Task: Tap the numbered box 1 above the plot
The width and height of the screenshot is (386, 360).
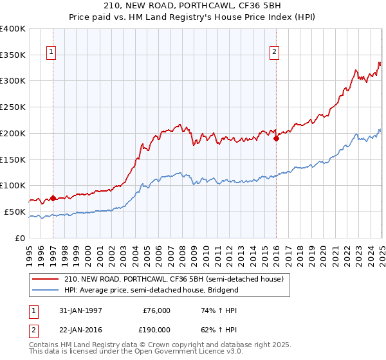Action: pyautogui.click(x=51, y=53)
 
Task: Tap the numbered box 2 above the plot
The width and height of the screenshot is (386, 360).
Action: pyautogui.click(x=275, y=53)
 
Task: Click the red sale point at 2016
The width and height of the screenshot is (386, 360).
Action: pyautogui.click(x=276, y=138)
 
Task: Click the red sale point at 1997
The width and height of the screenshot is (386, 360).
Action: pyautogui.click(x=53, y=198)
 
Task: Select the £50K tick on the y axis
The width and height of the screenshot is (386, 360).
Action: pyautogui.click(x=15, y=212)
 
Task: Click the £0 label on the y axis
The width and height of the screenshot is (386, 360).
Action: pyautogui.click(x=21, y=238)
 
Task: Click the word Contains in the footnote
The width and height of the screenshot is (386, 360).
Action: pyautogui.click(x=45, y=345)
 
